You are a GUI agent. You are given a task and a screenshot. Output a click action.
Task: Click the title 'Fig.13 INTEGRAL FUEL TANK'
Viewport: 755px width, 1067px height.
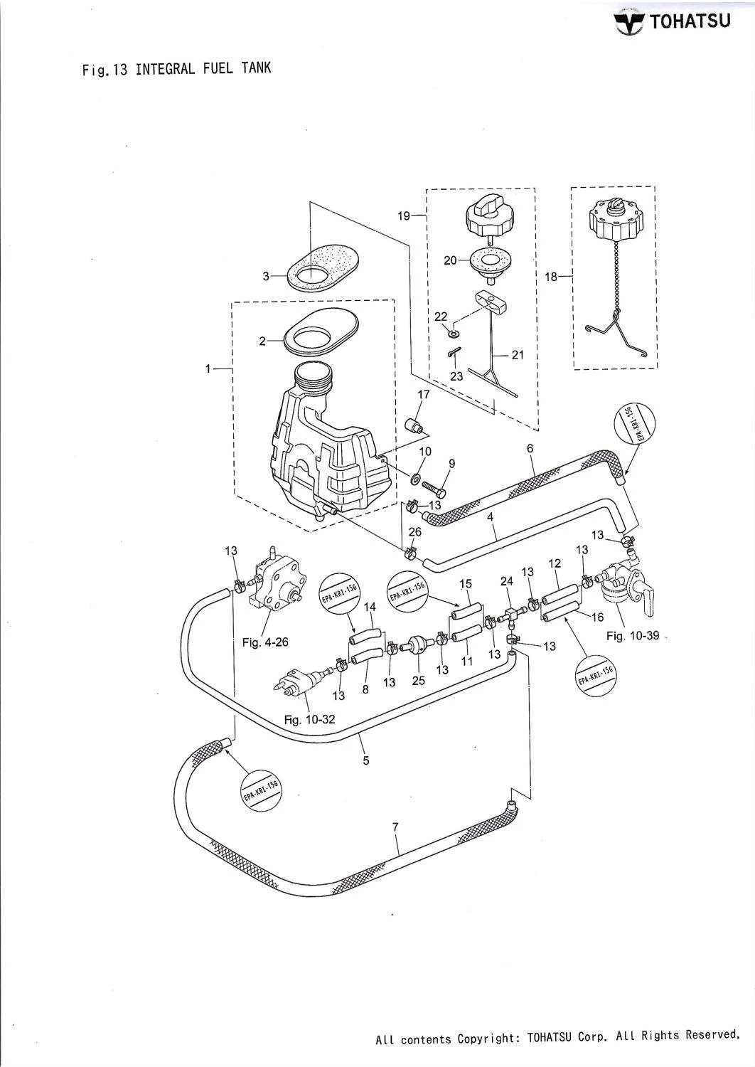177,70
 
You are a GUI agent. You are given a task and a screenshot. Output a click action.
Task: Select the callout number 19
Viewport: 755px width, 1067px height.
404,216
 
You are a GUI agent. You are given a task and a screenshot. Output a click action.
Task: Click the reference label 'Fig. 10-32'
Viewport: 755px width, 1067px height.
309,719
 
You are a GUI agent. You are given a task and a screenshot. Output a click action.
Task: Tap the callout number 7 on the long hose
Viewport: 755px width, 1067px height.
395,826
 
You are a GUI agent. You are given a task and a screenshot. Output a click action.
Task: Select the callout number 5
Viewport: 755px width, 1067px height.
366,760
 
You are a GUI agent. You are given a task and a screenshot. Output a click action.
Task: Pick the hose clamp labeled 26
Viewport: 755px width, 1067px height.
409,551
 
